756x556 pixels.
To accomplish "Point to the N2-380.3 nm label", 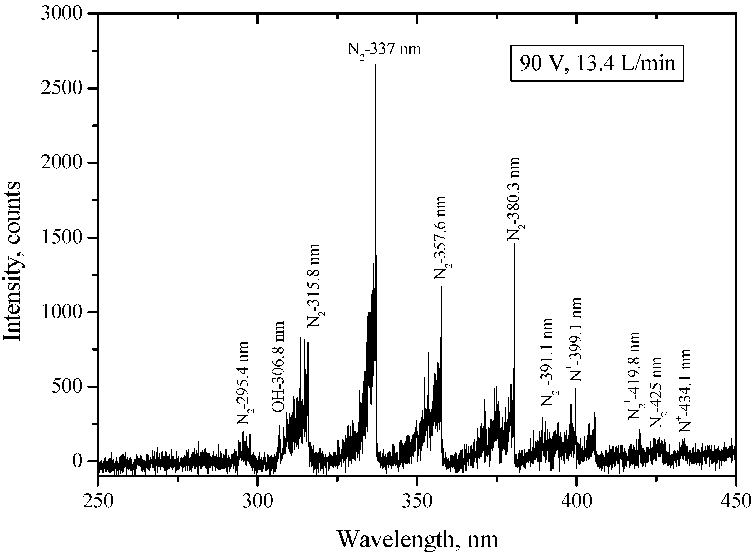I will point(515,199).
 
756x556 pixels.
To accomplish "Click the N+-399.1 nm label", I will point(575,340).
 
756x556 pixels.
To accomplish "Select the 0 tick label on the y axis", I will point(77,461).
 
